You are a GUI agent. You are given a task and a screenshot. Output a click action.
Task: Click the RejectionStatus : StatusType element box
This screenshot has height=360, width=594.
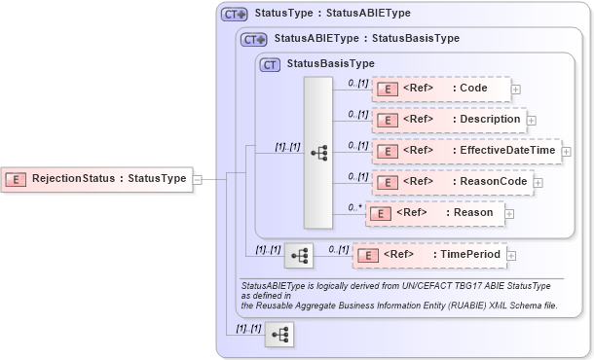coord(96,179)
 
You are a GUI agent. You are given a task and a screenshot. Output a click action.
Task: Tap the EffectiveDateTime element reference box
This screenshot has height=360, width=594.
coord(466,151)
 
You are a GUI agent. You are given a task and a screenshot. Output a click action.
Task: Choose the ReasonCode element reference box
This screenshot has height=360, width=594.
coord(452,181)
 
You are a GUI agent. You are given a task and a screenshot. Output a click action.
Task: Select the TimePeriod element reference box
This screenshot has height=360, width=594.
coord(428,255)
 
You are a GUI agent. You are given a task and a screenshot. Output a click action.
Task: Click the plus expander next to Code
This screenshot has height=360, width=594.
coord(516,90)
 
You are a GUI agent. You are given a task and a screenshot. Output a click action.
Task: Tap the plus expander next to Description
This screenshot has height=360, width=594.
coord(532,121)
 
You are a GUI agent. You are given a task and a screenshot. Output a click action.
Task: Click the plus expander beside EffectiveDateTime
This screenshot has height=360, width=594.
coord(566,152)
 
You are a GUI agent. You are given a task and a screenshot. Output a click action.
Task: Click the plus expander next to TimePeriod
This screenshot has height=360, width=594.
coord(513,255)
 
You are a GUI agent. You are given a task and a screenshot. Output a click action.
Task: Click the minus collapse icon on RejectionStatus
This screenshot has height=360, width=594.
coord(198,179)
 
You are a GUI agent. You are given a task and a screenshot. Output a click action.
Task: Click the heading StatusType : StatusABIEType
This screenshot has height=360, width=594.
coord(332,14)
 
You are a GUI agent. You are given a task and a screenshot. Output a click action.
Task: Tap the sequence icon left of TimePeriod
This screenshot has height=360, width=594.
coord(299,255)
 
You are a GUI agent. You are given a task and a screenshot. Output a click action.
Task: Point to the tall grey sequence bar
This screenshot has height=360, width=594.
coord(318,153)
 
